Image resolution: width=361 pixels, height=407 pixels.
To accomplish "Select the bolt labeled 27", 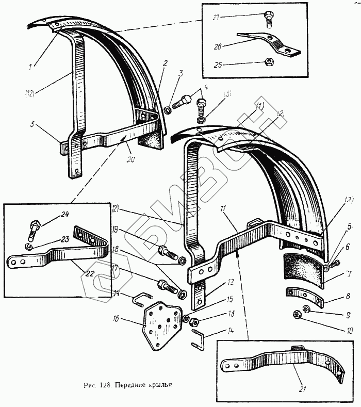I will (x=269, y=20).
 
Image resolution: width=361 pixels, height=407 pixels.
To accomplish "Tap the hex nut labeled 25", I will (x=269, y=62).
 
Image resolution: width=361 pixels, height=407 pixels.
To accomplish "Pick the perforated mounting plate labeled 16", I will (x=162, y=326).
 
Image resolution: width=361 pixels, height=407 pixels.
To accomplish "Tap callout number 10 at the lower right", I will (x=335, y=331).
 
